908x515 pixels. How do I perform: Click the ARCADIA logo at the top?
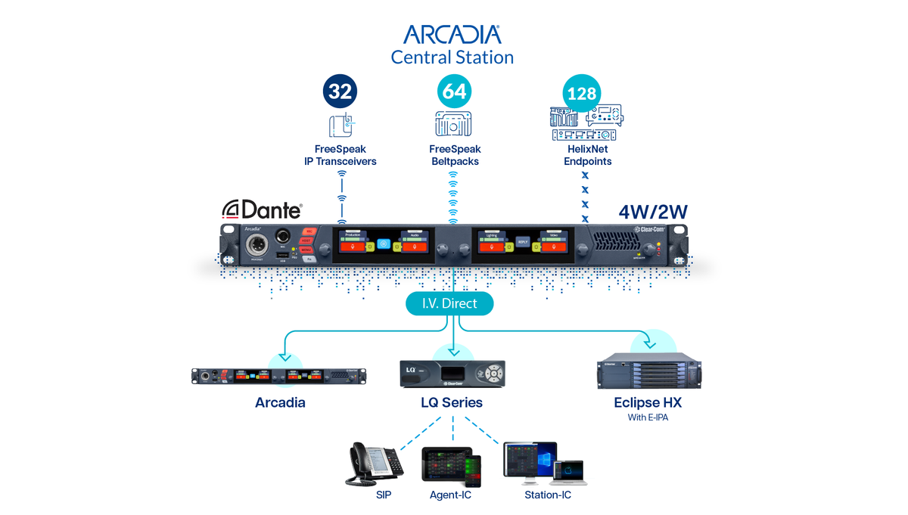tap(452, 34)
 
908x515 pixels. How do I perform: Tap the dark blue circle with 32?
tap(340, 92)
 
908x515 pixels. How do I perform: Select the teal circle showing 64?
tap(454, 92)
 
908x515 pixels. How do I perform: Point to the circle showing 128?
tap(582, 94)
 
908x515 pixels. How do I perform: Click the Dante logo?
tap(262, 209)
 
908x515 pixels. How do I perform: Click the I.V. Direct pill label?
tap(449, 304)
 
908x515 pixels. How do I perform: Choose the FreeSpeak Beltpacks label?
tap(455, 155)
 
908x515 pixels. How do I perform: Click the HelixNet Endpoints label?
tap(587, 155)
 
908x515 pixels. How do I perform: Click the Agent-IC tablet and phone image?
tap(451, 466)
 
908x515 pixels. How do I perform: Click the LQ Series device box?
tap(452, 374)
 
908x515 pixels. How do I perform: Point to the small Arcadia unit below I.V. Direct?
tap(279, 376)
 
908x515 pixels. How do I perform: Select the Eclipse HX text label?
tap(647, 402)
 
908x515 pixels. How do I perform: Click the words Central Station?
tap(452, 57)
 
